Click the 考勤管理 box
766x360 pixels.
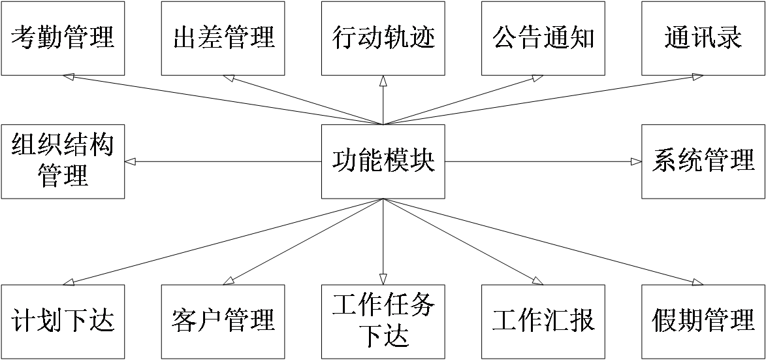tap(63, 37)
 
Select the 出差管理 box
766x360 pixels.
tap(223, 37)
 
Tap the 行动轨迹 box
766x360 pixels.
tap(383, 37)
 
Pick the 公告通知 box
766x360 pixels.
tap(543, 37)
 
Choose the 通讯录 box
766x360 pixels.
tap(703, 37)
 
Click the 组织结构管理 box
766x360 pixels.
tap(63, 161)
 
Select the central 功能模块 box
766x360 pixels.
tap(383, 161)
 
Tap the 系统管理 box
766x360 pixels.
tap(703, 161)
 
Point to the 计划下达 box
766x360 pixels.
tap(63, 321)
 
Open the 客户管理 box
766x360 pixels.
tap(223, 321)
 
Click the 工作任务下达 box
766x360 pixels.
tap(383, 321)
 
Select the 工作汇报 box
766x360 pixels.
tap(543, 321)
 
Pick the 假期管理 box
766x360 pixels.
tap(703, 321)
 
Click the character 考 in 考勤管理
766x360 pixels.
tap(24, 37)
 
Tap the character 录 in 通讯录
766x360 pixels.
tap(729, 37)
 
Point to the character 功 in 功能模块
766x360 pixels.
tap(345, 161)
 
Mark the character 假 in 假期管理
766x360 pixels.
tap(665, 321)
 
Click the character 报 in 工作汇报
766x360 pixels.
tap(582, 321)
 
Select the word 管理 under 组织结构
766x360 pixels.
tap(63, 176)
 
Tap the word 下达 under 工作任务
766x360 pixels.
tap(383, 336)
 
